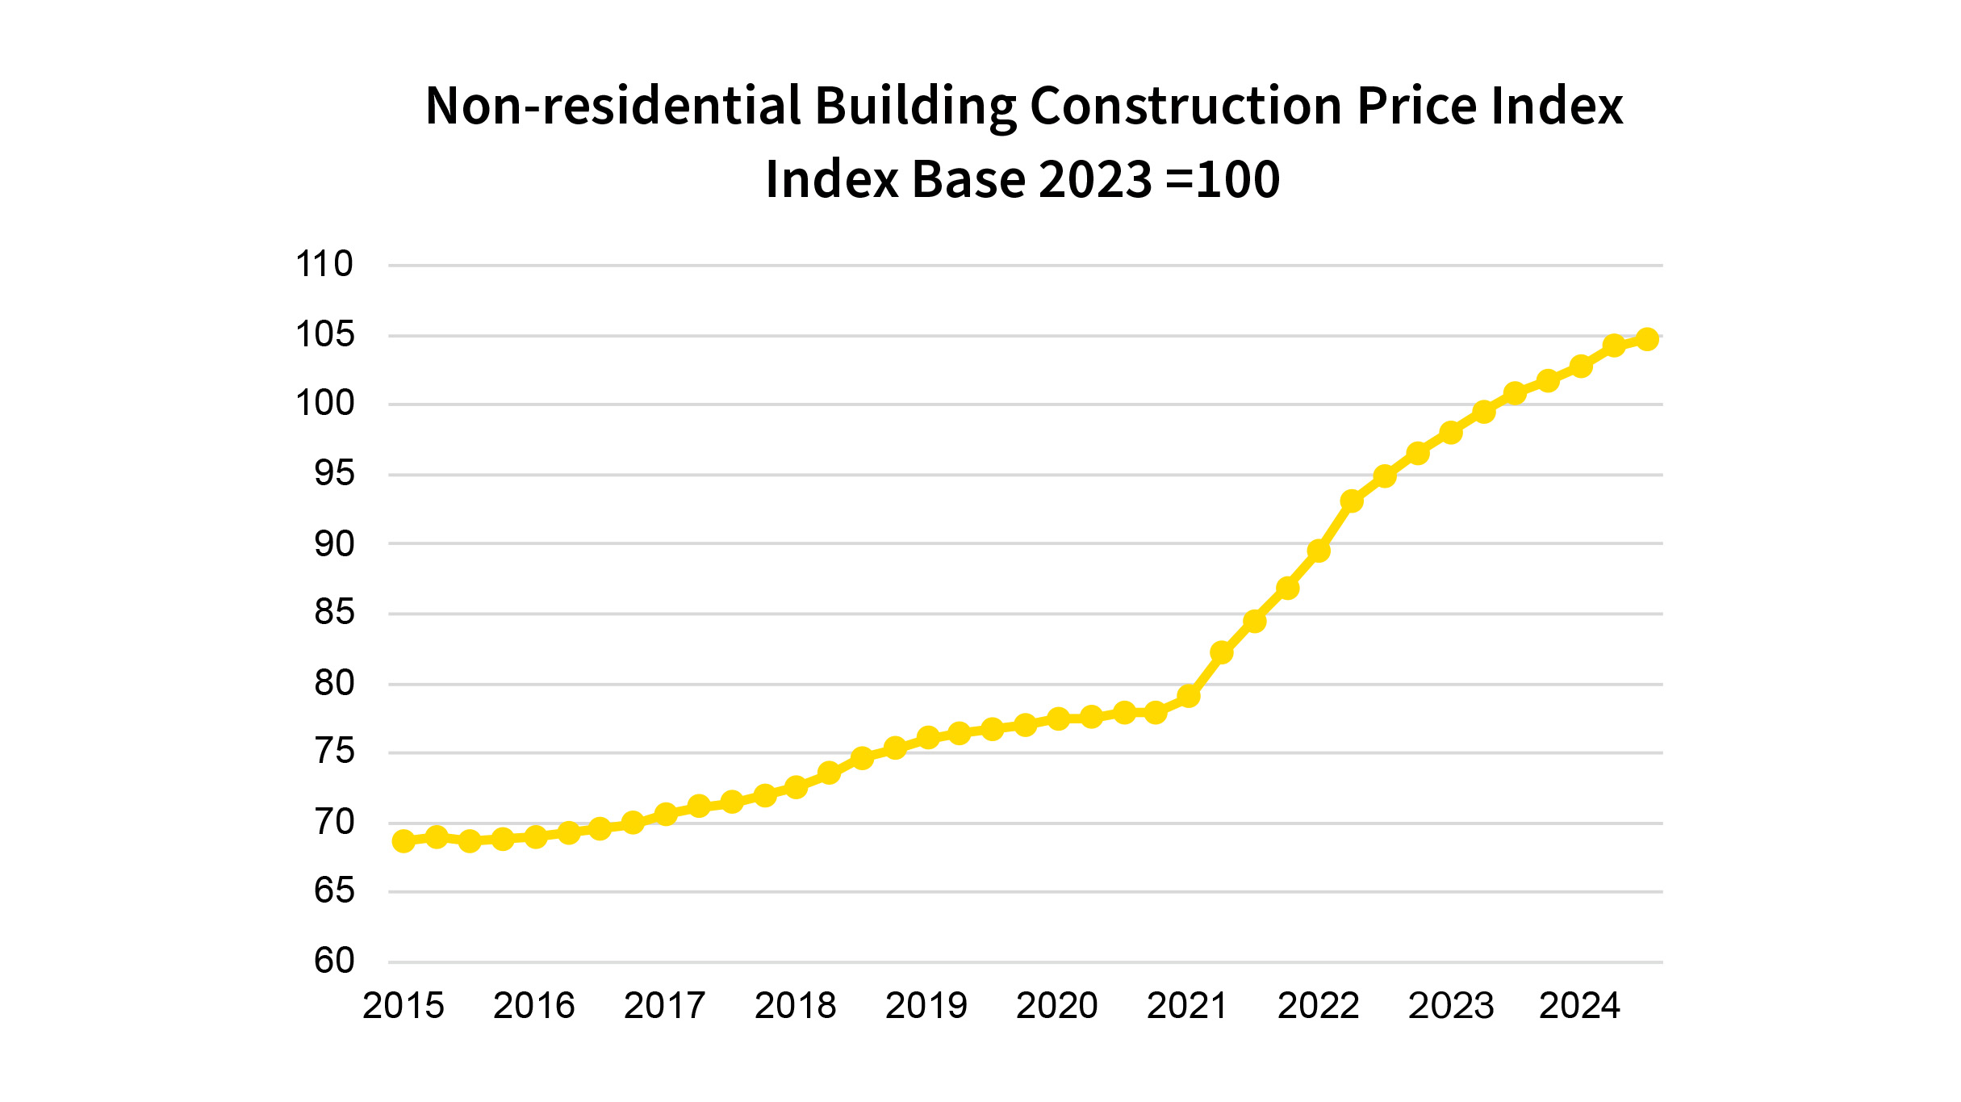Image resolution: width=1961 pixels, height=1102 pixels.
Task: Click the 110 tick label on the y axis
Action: coord(324,264)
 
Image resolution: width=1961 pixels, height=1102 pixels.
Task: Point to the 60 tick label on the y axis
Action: coord(334,961)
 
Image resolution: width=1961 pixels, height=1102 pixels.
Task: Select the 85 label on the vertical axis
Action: coord(334,612)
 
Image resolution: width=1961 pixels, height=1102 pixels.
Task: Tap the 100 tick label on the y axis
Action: coord(324,403)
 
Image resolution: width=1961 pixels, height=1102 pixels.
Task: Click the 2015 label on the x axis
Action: coord(403,1006)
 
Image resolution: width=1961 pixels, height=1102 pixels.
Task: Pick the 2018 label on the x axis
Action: coord(796,1006)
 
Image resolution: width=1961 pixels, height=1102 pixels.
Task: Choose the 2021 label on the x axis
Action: coord(1187,1006)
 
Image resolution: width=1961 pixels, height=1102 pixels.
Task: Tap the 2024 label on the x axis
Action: coord(1579,1006)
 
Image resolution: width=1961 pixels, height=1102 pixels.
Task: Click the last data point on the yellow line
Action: coord(1647,339)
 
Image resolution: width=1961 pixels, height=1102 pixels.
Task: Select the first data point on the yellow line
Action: coord(403,841)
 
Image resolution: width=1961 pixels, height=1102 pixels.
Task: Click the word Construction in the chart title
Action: coord(1186,106)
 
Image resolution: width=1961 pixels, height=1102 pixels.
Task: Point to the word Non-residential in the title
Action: coord(613,106)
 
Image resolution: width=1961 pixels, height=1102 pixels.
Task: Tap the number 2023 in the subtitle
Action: coord(1095,179)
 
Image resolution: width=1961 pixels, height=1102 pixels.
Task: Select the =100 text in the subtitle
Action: coord(1223,179)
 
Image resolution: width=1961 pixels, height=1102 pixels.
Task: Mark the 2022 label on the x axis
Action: coord(1319,1006)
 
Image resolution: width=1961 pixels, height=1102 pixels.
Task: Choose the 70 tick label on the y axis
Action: coord(334,822)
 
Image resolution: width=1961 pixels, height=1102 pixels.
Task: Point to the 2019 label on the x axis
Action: coord(926,1006)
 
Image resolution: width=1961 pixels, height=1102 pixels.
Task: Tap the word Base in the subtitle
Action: coord(968,179)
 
